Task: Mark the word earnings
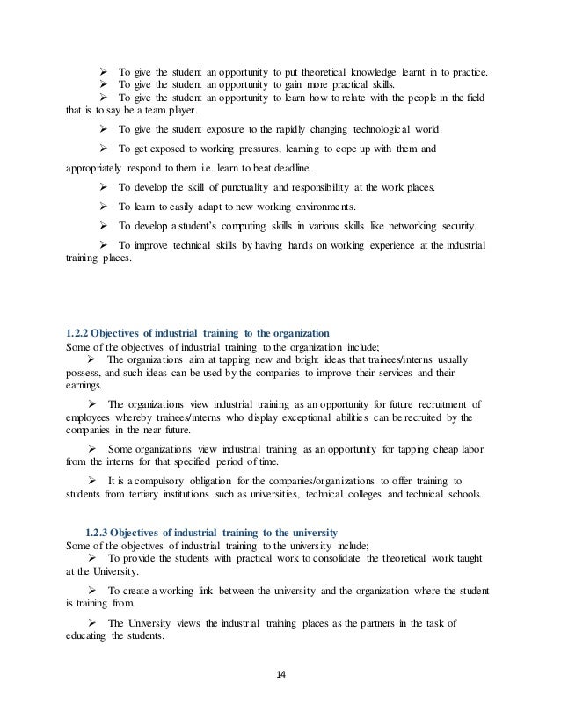pyautogui.click(x=84, y=385)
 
